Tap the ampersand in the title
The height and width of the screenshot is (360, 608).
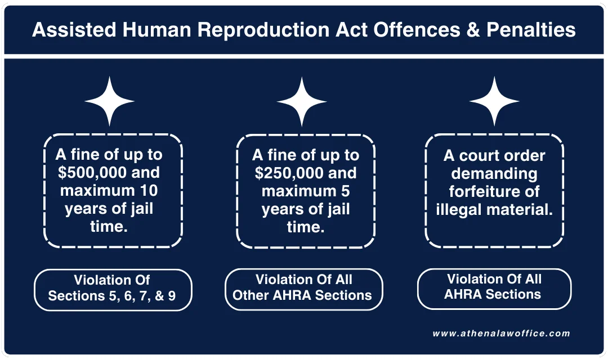pyautogui.click(x=458, y=30)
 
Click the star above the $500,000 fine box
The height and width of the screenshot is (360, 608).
pyautogui.click(x=110, y=101)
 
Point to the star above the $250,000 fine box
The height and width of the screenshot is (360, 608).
pyautogui.click(x=302, y=101)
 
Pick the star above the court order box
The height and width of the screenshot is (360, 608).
pyautogui.click(x=494, y=101)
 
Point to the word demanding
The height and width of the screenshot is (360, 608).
pyautogui.click(x=494, y=173)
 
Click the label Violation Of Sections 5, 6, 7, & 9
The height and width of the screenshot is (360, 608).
pyautogui.click(x=112, y=288)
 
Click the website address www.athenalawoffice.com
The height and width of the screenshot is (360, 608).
pyautogui.click(x=501, y=333)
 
